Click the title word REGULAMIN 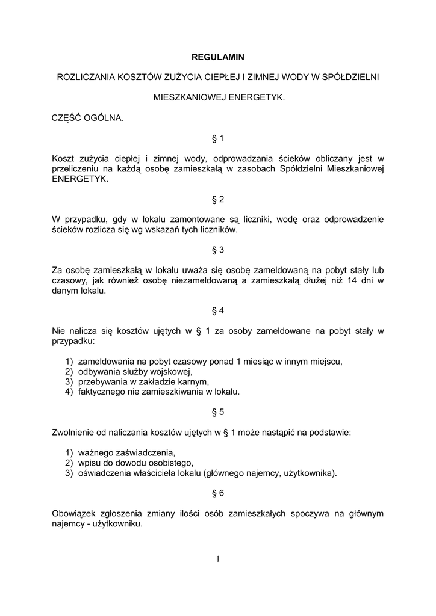218,57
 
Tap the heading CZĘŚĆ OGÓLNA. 88,117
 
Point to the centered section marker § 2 218,199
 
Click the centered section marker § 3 218,250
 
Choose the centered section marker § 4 218,311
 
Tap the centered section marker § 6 218,493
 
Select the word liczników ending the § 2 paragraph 220,230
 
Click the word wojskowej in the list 173,372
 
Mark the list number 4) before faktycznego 69,392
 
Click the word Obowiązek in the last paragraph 74,514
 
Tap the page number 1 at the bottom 218,559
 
